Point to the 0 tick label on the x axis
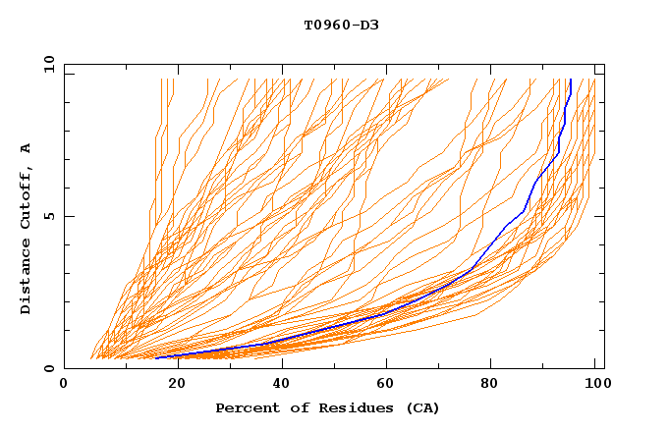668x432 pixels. (x=64, y=384)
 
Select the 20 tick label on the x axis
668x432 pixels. (x=171, y=384)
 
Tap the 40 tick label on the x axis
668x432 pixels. (x=277, y=384)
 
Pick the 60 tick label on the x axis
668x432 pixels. (x=384, y=384)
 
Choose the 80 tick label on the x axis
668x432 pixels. (x=490, y=384)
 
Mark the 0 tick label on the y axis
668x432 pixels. (x=48, y=369)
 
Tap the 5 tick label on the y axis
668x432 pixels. (x=48, y=216)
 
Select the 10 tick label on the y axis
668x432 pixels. (x=45, y=63)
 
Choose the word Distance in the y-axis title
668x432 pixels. (x=27, y=278)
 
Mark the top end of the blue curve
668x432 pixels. (x=571, y=81)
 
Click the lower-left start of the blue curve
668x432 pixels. (x=157, y=357)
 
